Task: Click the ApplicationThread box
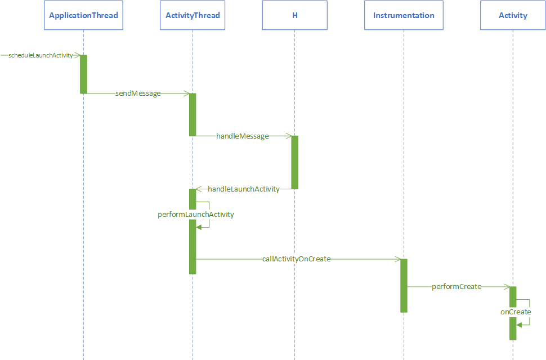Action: coord(83,15)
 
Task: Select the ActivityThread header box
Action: coord(193,15)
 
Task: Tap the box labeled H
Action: coord(294,15)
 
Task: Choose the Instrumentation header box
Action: coord(404,15)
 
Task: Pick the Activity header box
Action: coord(513,15)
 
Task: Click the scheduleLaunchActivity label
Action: coord(41,55)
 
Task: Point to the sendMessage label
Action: coord(138,94)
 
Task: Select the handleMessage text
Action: coord(243,136)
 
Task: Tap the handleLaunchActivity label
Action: coord(244,189)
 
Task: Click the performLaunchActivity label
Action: coord(196,215)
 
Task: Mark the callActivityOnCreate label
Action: coord(296,259)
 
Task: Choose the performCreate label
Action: coord(457,287)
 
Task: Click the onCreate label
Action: coord(516,312)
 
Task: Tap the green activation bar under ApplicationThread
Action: coord(83,74)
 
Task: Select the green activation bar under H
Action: coord(294,162)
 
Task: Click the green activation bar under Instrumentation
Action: coord(404,285)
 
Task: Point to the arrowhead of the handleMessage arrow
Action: coord(288,136)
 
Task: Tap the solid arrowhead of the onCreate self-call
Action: coord(520,325)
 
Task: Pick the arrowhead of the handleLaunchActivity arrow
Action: coord(199,189)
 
